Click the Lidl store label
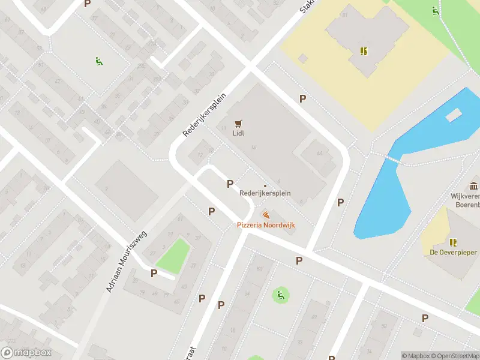[x=239, y=134]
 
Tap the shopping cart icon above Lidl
[x=239, y=124]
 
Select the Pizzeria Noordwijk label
[x=266, y=224]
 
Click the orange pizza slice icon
[x=265, y=214]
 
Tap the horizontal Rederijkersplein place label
[x=265, y=193]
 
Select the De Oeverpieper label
[x=453, y=253]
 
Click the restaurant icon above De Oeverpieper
[x=453, y=242]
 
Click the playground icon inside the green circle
[x=280, y=295]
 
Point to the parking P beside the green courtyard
[x=154, y=273]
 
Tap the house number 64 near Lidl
[x=319, y=154]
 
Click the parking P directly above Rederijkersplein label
[x=229, y=184]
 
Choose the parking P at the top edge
[x=88, y=4]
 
